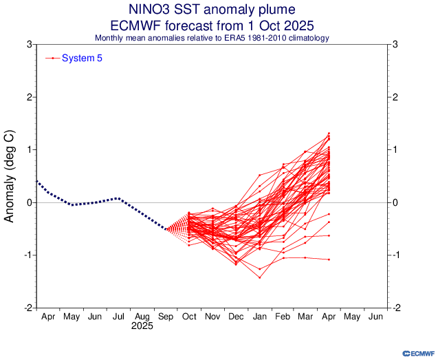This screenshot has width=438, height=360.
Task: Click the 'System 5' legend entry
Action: click(82, 59)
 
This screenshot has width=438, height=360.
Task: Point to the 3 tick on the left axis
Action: click(28, 45)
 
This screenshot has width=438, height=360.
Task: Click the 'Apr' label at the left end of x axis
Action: click(48, 317)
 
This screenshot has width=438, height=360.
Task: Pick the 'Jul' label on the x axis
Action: click(118, 317)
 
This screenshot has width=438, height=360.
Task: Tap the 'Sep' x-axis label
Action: click(165, 317)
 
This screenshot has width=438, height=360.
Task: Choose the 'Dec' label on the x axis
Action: click(235, 317)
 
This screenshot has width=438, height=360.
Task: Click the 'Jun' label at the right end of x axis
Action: click(375, 317)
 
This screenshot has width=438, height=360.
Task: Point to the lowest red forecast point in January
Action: click(259, 277)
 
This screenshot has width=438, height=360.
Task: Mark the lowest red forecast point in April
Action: click(329, 260)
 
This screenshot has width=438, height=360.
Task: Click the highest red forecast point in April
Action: click(329, 134)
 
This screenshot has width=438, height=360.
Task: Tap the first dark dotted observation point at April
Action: click(36, 181)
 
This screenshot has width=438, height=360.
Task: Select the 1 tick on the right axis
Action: click(394, 150)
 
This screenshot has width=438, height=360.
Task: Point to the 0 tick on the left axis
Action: click(28, 202)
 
